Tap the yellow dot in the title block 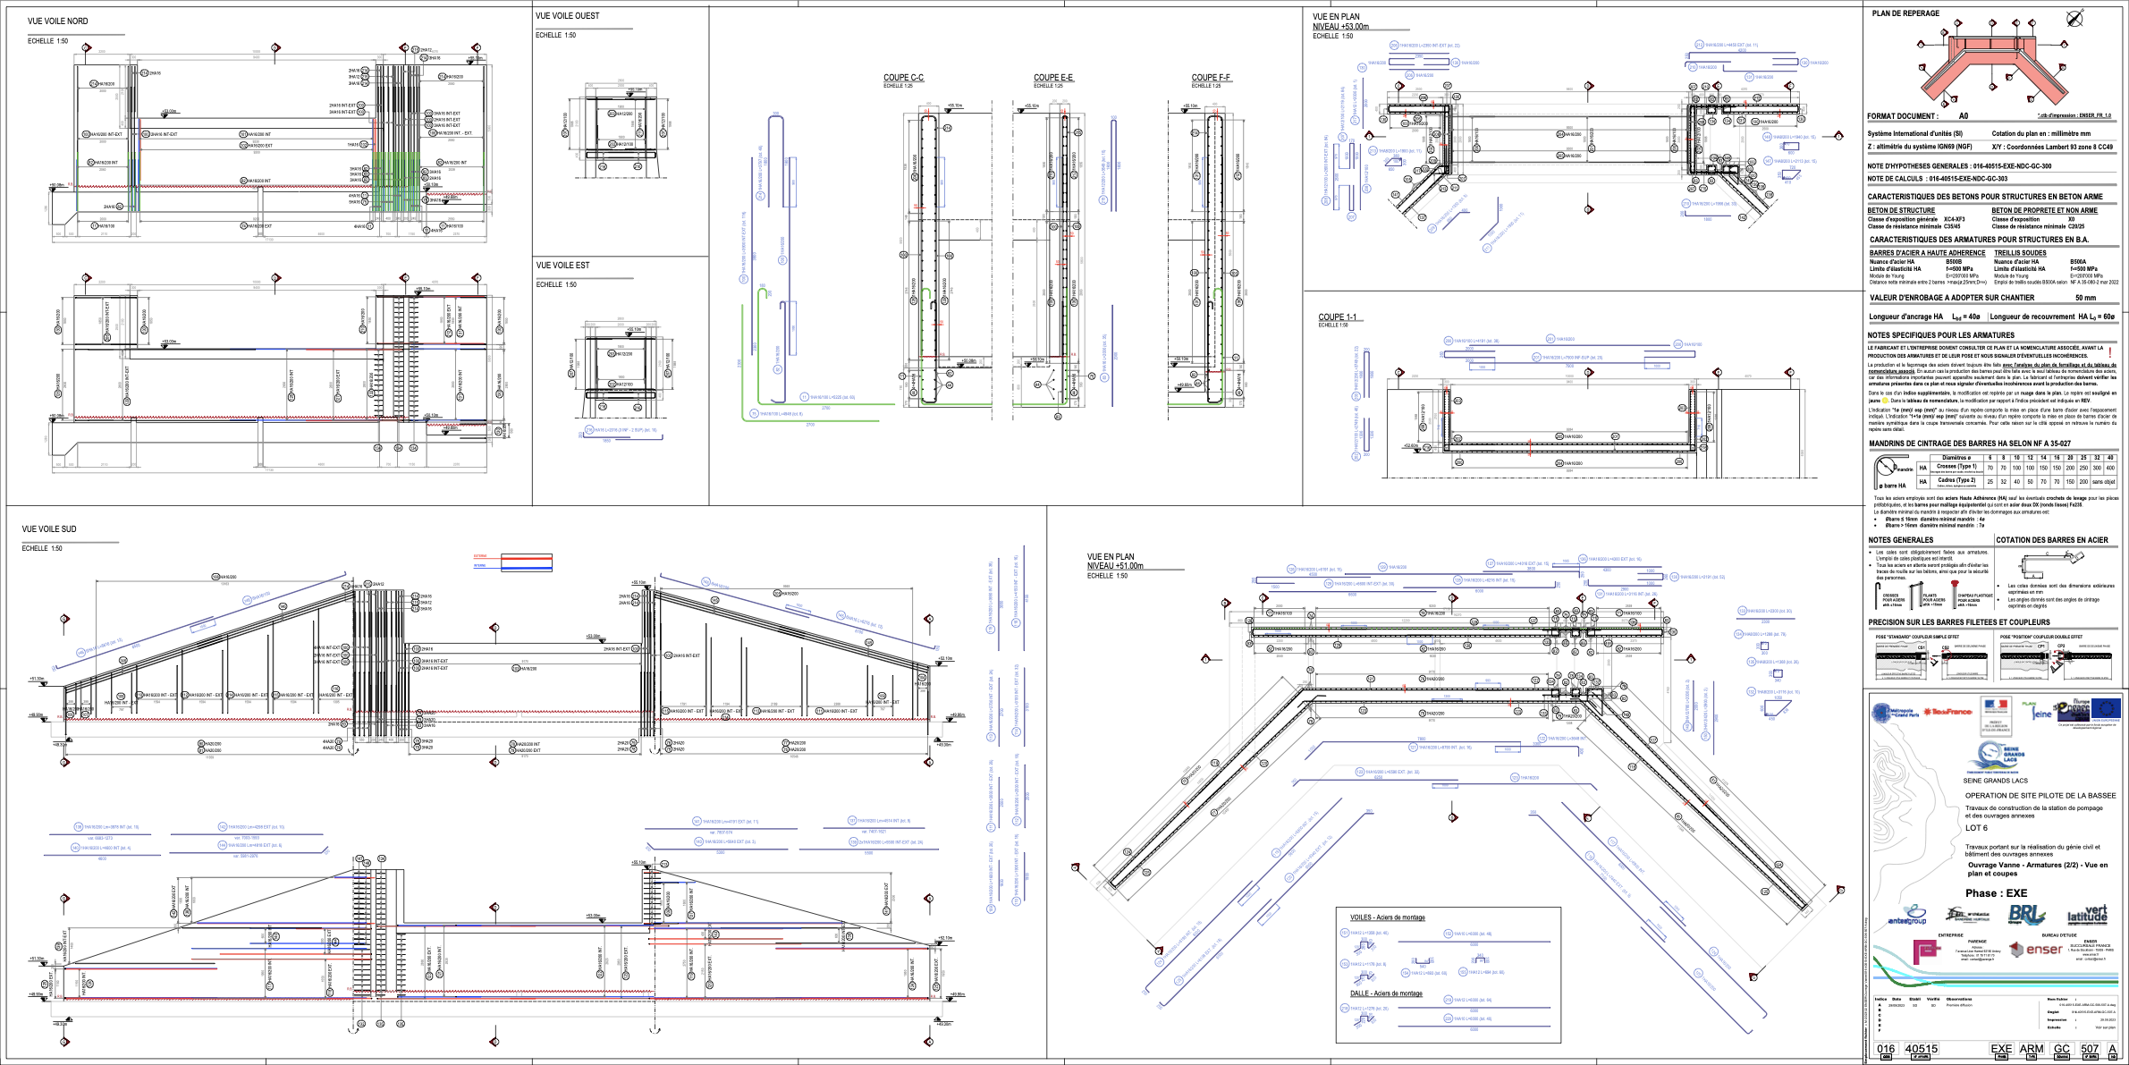(1885, 401)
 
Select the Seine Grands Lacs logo (1996, 756)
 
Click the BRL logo (2026, 915)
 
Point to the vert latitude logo (2087, 914)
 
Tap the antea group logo (1907, 916)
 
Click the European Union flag (2106, 710)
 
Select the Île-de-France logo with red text (1948, 712)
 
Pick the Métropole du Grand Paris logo (1895, 713)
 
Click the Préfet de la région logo (1995, 714)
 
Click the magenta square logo (1927, 951)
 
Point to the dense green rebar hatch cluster (396, 182)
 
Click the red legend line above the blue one (512, 558)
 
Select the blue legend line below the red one (512, 567)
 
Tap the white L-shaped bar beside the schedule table (1888, 469)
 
